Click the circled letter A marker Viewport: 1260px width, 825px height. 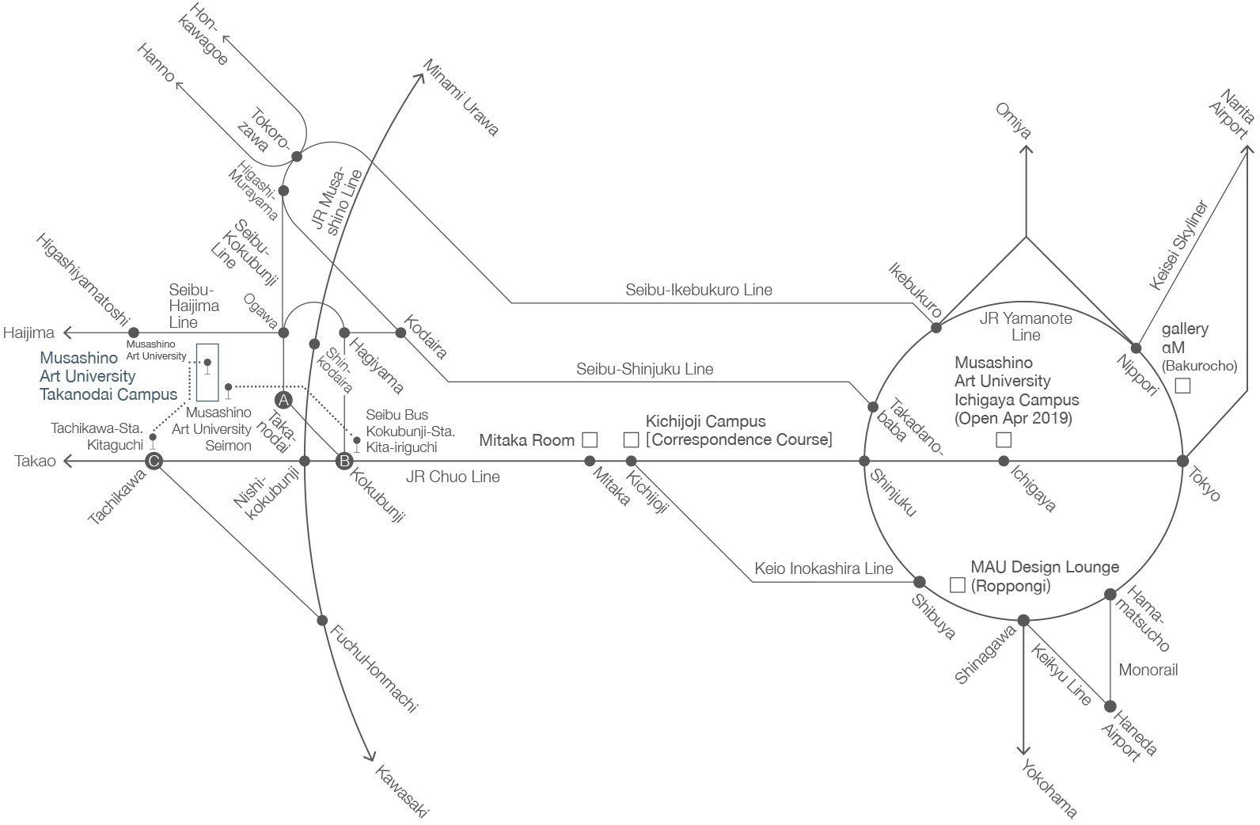pos(283,399)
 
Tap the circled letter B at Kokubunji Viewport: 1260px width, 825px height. pos(343,461)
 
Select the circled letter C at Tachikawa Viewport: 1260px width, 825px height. pos(154,461)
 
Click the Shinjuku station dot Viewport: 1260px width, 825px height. pos(864,461)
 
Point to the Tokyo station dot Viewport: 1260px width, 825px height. pos(1182,461)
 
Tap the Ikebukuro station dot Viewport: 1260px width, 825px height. pos(936,327)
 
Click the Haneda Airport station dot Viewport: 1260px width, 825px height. pos(1110,706)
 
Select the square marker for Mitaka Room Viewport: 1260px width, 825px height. pos(589,439)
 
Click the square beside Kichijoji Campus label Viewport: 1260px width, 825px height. pos(631,439)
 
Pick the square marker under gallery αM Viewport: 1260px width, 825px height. pos(1182,386)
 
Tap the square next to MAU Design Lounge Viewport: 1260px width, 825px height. pos(957,585)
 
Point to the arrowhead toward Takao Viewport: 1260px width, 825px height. pos(69,461)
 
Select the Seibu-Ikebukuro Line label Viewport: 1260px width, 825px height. pos(699,290)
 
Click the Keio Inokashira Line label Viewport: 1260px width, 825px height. pos(823,568)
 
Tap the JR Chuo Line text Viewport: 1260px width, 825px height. pos(453,477)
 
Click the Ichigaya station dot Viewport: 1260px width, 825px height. pos(1004,461)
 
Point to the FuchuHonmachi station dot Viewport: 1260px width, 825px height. pos(322,621)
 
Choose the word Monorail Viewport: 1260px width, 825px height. pos(1148,670)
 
